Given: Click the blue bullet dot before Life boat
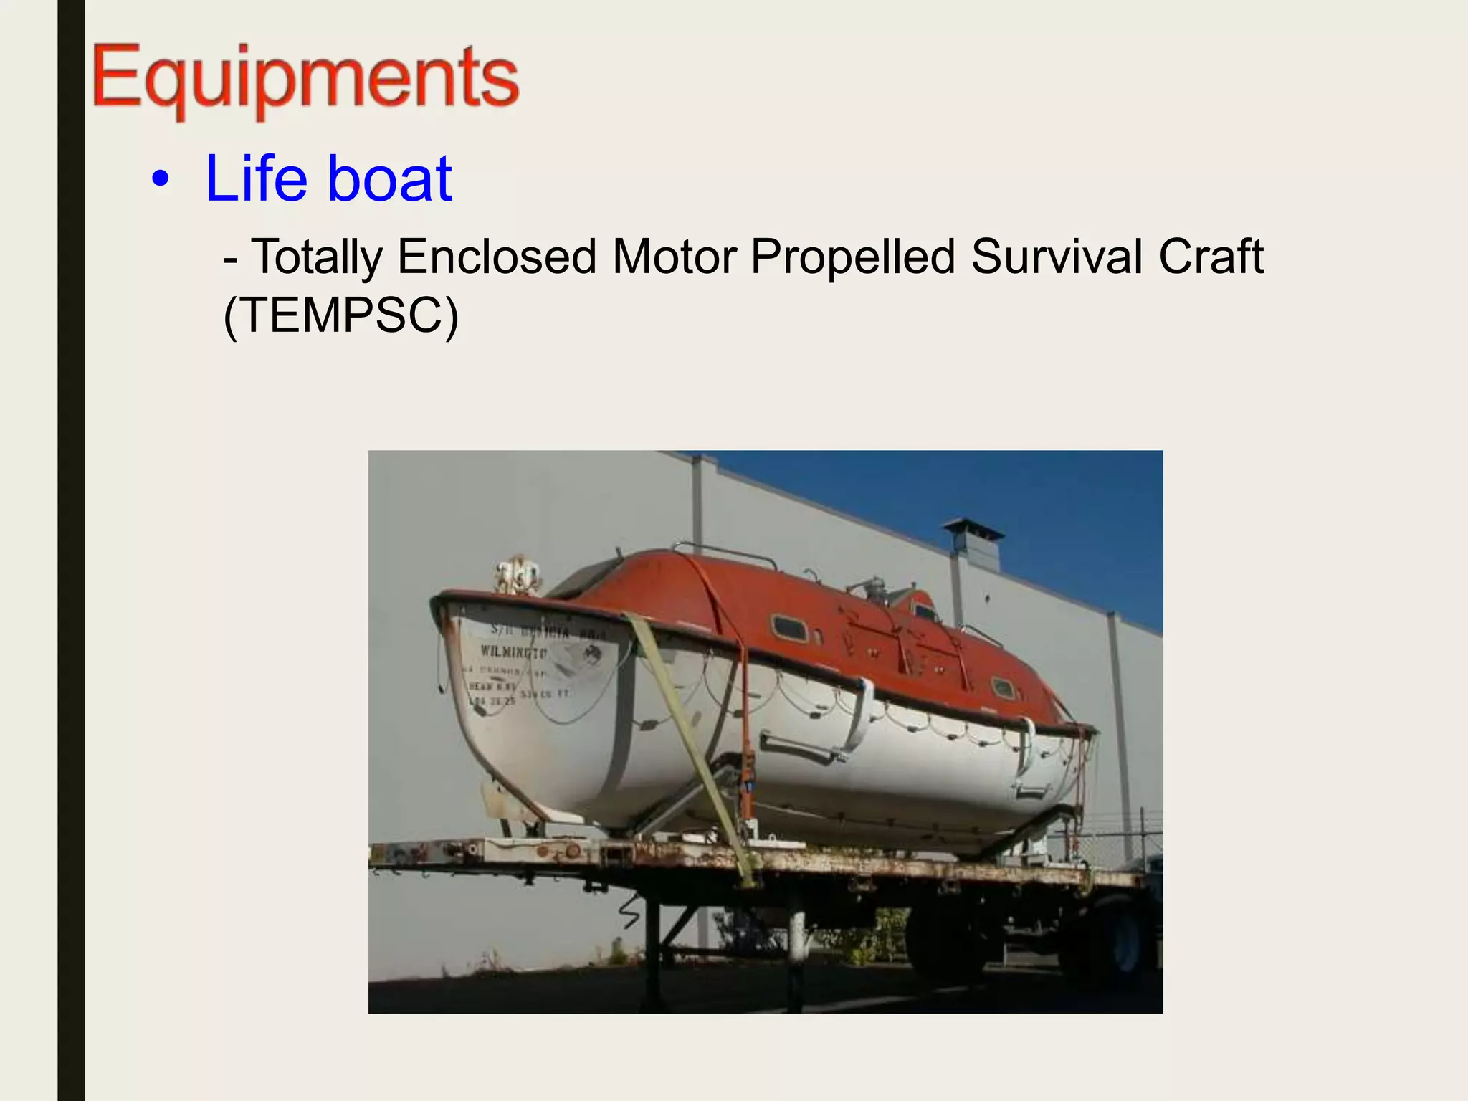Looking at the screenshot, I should point(161,180).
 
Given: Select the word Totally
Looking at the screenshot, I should point(316,257).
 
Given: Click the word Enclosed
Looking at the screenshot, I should point(496,257).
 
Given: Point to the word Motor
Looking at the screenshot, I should point(674,257).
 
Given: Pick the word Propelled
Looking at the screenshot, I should point(852,257).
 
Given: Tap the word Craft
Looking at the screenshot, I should point(1211,257).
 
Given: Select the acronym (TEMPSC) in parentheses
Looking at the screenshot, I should point(340,315).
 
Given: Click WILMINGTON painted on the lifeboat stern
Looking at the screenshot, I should point(513,652).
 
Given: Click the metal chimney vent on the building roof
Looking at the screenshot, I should point(972,545).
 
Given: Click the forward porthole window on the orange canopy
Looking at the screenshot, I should point(789,628).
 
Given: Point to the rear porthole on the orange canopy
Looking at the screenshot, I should point(1004,688).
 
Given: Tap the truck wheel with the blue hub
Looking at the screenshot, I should point(1118,939).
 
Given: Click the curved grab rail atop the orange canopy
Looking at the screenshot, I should point(724,553).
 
